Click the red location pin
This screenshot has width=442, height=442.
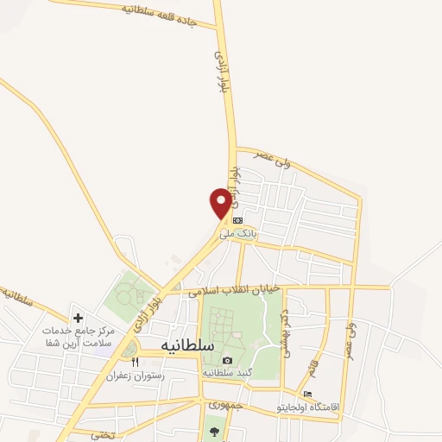(x=221, y=203)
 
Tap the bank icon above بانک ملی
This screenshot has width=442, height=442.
(x=237, y=220)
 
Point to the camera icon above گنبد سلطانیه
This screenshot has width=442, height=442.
(x=227, y=360)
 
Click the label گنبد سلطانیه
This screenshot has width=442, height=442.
(x=227, y=373)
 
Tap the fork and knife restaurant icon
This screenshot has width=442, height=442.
(x=134, y=362)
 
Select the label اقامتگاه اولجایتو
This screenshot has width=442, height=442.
(x=308, y=406)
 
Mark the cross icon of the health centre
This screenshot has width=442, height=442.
(x=79, y=319)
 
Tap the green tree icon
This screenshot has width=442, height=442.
(x=213, y=432)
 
